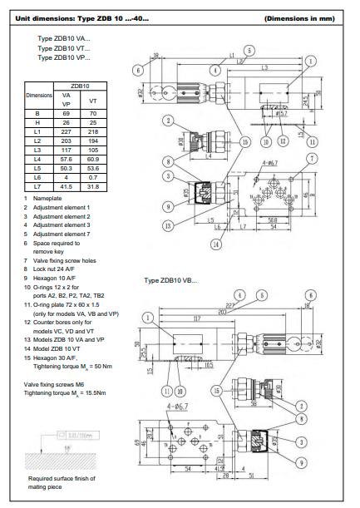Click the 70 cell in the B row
click(x=93, y=111)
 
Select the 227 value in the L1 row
click(x=67, y=131)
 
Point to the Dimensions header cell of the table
click(x=37, y=95)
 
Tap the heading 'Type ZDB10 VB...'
click(x=170, y=280)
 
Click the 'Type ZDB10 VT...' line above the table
click(x=64, y=48)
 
